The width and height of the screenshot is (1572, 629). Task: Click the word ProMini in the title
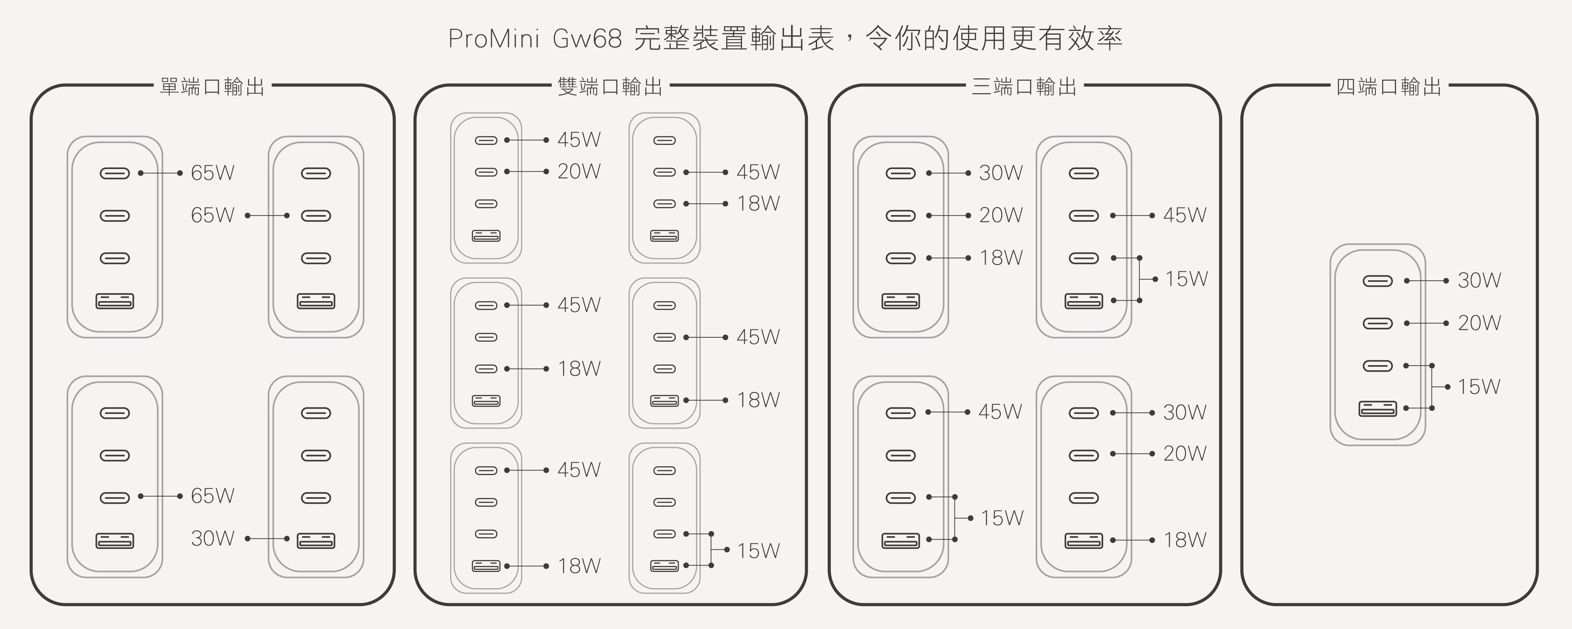(x=494, y=39)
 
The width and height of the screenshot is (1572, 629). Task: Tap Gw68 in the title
(x=587, y=39)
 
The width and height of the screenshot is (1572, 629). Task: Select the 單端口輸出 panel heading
(x=212, y=87)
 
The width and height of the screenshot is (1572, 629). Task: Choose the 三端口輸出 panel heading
(x=1024, y=87)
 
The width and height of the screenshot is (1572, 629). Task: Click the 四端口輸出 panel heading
(x=1388, y=87)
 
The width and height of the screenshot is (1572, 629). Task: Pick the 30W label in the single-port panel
(x=212, y=538)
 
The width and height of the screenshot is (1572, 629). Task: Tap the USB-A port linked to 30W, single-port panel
(x=315, y=541)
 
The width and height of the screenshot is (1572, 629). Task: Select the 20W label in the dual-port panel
(x=579, y=171)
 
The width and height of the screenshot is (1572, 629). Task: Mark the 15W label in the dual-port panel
(x=758, y=551)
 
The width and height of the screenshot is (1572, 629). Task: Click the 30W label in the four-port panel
(x=1479, y=281)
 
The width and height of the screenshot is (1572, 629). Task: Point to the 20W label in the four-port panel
(x=1479, y=323)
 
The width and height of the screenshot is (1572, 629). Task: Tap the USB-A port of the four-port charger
(x=1377, y=408)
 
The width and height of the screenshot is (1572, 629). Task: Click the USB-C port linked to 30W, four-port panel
(x=1377, y=281)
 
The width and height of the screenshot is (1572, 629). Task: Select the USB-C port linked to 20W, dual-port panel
(x=486, y=172)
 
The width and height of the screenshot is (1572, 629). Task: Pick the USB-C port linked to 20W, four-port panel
(x=1377, y=323)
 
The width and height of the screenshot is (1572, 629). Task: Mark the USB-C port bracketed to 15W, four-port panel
(x=1377, y=366)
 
